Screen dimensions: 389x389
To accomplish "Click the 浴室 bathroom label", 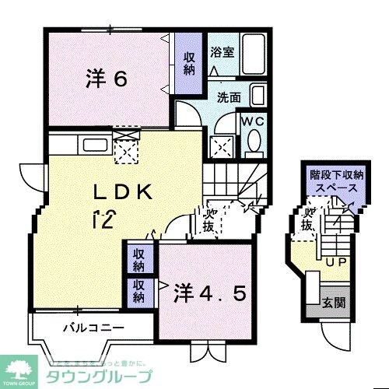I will pos(223,53).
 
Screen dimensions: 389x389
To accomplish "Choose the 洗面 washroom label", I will pos(228,99).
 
